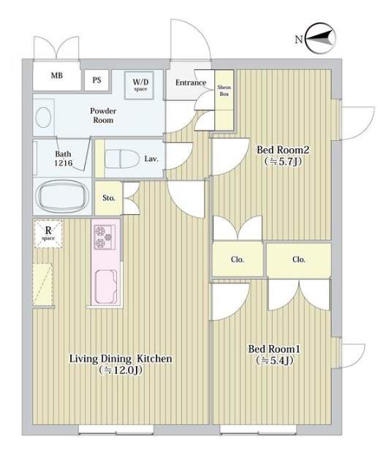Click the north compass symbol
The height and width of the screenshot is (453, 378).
click(321, 39)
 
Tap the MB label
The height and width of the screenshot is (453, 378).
click(56, 76)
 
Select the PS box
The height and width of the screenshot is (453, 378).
click(97, 80)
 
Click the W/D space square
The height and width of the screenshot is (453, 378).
click(140, 85)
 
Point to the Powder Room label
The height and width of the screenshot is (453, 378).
click(103, 115)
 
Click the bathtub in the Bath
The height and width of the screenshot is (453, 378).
click(62, 196)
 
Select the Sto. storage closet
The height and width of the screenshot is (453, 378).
click(108, 198)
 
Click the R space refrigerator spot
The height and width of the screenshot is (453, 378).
click(48, 234)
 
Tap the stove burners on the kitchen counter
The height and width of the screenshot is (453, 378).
click(104, 236)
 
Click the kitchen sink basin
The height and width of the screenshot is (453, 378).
click(106, 286)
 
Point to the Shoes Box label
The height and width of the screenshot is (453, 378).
click(224, 91)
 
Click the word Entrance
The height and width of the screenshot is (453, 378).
click(191, 83)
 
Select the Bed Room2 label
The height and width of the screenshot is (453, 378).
click(283, 150)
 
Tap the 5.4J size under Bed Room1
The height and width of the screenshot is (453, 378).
click(275, 360)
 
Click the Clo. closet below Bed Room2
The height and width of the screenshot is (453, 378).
click(238, 259)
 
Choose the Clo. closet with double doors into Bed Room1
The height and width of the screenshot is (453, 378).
click(299, 260)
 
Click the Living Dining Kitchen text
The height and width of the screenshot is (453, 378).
click(121, 359)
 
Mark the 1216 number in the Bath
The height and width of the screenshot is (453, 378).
click(64, 163)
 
